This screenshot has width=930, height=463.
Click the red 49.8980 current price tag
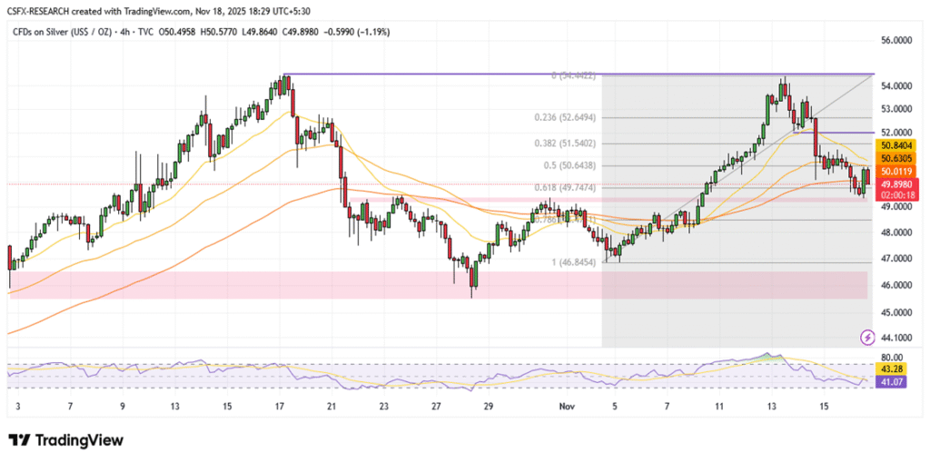coord(895,185)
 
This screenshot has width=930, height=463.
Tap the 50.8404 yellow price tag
coord(895,144)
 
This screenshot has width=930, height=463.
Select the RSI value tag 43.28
coord(891,369)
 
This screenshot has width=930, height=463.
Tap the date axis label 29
coord(489,409)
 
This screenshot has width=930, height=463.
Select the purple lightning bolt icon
coord(867,338)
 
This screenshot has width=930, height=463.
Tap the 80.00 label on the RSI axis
coord(891,358)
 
